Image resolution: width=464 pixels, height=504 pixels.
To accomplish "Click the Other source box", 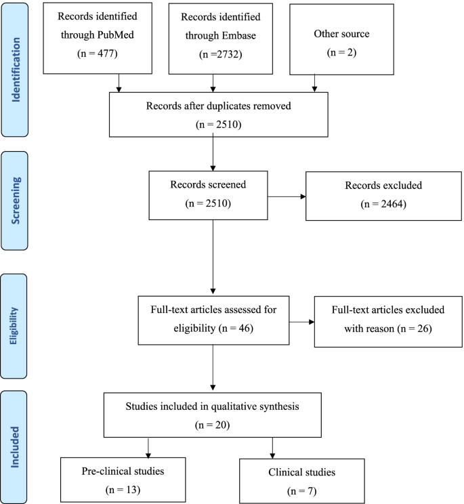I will coord(332,40).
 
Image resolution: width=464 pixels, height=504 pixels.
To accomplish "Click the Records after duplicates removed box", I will coord(213,115).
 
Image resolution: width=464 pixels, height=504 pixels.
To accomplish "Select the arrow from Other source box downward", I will coord(314,82).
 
